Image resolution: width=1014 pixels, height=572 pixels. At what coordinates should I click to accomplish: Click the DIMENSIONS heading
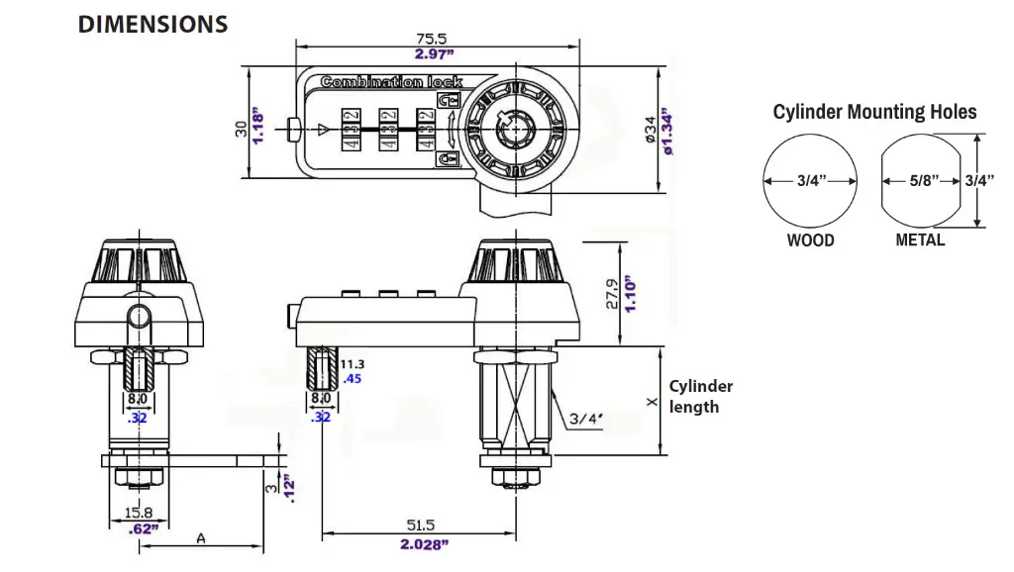click(152, 24)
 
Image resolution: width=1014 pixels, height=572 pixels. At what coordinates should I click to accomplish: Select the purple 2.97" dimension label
click(434, 54)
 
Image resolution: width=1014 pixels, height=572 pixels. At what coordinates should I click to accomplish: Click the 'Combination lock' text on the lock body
click(391, 82)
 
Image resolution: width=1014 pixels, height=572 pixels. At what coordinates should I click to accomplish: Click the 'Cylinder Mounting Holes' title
click(874, 112)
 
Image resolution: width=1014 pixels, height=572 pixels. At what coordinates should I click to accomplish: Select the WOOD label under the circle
click(810, 240)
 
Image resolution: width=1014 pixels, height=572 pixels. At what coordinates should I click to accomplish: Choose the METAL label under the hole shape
click(920, 239)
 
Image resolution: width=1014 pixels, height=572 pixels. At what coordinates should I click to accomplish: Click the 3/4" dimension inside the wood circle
click(810, 181)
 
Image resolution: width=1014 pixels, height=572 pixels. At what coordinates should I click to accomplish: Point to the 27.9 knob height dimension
click(613, 293)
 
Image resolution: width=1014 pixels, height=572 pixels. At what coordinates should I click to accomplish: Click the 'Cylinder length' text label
click(701, 396)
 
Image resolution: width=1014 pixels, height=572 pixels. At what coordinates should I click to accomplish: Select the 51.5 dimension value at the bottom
click(421, 526)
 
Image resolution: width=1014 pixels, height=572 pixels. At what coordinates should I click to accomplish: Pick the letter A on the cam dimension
click(201, 539)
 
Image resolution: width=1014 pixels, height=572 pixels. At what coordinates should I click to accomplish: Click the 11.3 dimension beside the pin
click(352, 364)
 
